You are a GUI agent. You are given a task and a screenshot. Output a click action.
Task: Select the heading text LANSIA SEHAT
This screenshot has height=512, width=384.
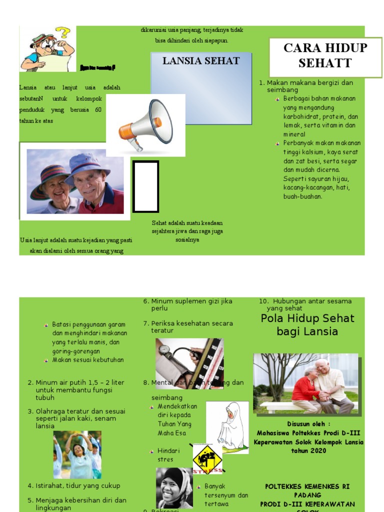click(x=201, y=61)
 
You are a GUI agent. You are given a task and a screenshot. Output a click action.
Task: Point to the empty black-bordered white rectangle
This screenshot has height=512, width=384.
click(x=145, y=186)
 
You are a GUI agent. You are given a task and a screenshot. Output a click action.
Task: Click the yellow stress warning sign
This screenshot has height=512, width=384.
click(x=207, y=457)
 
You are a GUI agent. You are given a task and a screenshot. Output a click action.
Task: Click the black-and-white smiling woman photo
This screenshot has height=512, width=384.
click(x=174, y=487)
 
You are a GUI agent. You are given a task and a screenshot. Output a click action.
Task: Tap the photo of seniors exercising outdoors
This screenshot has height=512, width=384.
click(x=77, y=454)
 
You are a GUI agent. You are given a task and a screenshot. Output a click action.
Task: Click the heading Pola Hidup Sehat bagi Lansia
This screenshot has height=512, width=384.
click(x=307, y=325)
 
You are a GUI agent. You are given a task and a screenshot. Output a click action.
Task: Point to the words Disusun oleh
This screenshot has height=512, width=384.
click(x=309, y=423)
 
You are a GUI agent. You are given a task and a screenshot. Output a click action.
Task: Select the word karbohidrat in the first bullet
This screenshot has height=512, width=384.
click(x=299, y=116)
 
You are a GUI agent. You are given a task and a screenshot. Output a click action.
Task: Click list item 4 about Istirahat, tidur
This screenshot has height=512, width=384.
click(x=77, y=485)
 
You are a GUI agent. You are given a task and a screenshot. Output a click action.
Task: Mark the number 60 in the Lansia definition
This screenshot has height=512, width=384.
click(x=98, y=109)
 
